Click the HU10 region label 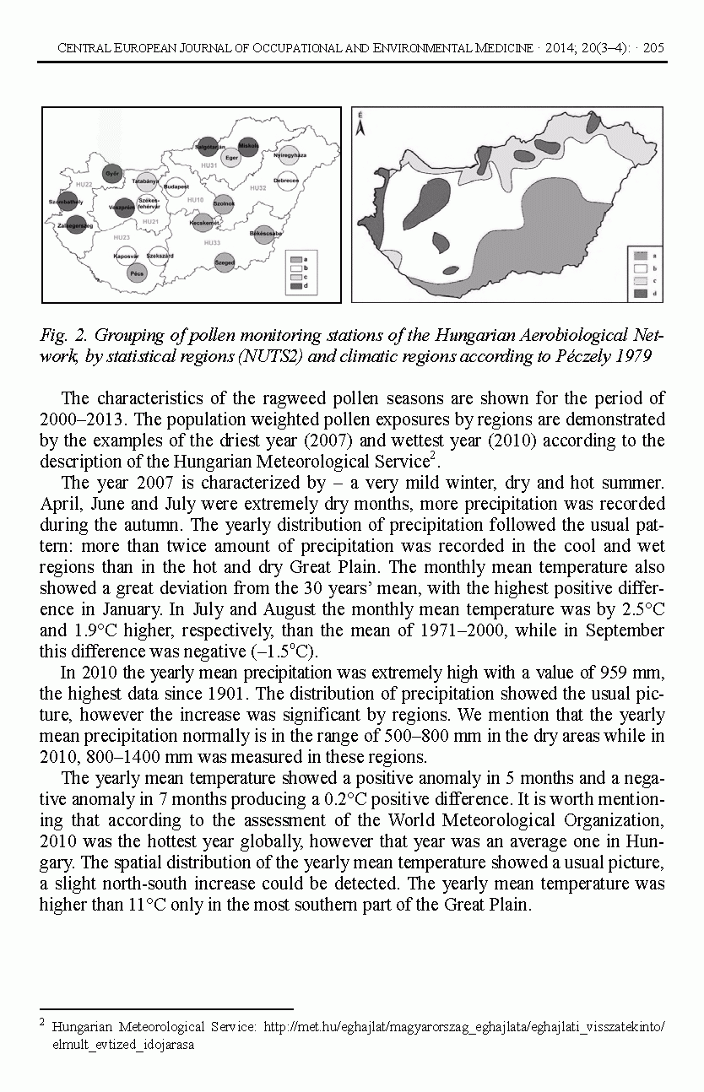[196, 200]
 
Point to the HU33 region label [212, 243]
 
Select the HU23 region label [121, 238]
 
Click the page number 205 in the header [654, 48]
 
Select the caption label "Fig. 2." [61, 336]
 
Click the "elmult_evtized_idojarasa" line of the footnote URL [123, 1044]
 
